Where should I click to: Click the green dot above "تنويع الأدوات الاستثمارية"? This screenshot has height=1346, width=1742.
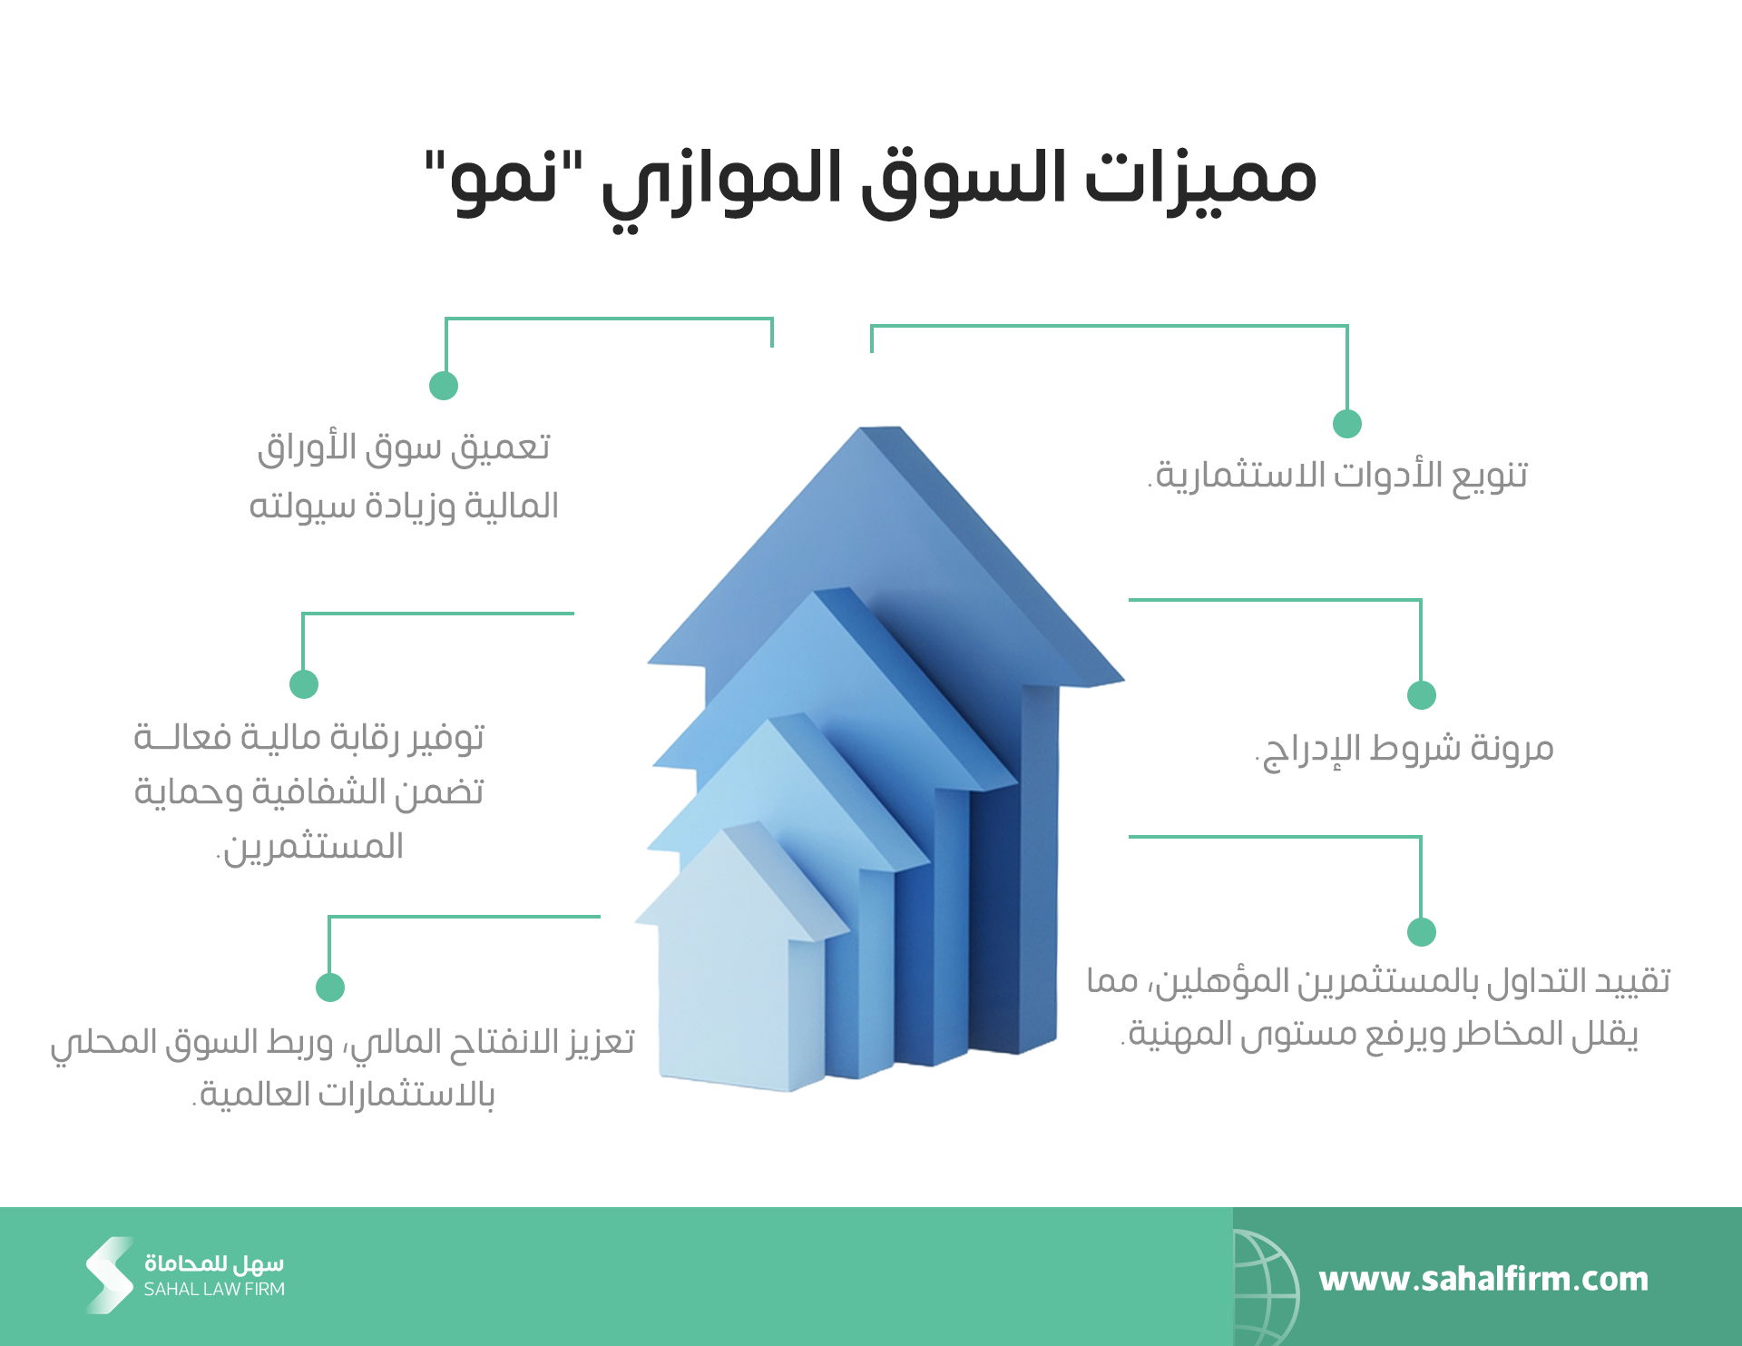click(x=1347, y=423)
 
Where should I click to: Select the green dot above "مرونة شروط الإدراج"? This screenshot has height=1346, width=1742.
click(x=1422, y=695)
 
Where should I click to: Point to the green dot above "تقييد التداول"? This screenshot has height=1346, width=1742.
click(x=1422, y=932)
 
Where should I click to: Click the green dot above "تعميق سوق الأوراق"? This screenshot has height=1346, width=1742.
click(x=444, y=385)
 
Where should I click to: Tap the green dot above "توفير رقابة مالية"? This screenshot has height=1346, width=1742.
click(x=304, y=683)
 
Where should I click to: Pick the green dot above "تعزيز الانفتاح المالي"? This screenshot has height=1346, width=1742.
click(x=330, y=987)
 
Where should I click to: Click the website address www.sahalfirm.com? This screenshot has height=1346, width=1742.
click(x=1483, y=1279)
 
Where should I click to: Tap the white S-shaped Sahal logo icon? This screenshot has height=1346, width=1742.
click(x=110, y=1275)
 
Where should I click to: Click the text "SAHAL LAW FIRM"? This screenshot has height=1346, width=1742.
click(x=214, y=1289)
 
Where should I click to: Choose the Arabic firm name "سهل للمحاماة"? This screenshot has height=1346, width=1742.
click(x=214, y=1263)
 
